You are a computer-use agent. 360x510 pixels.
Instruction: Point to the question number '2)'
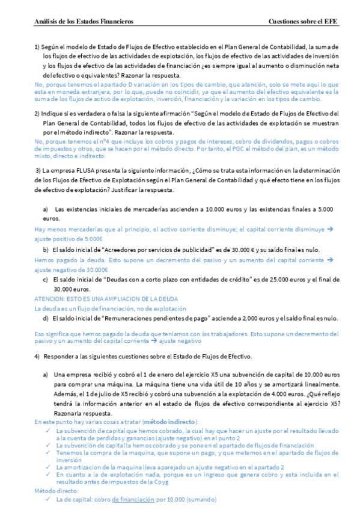point(37,113)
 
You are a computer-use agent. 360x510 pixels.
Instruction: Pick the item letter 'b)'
point(46,249)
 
